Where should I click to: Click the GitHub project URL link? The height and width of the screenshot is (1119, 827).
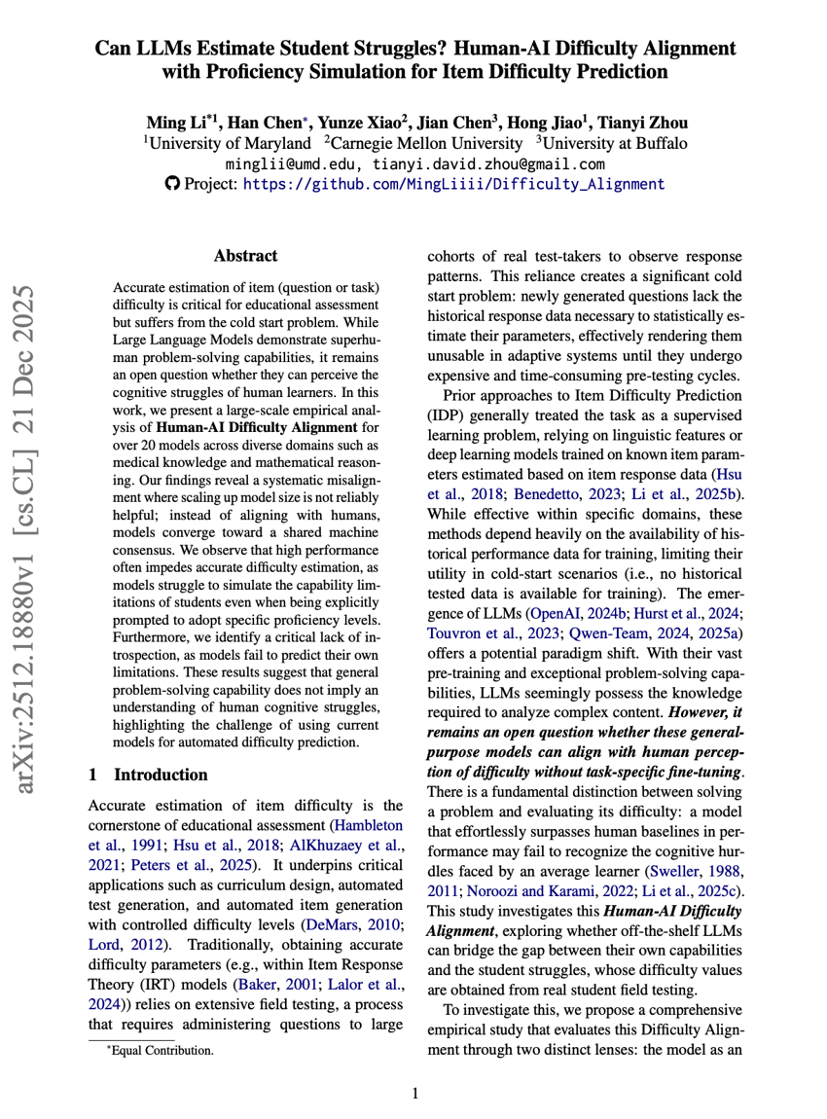click(x=454, y=183)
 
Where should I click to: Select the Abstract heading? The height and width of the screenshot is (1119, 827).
click(x=245, y=256)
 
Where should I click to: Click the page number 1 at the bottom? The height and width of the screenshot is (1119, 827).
click(x=415, y=1094)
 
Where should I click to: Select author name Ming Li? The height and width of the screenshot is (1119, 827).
click(x=178, y=123)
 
